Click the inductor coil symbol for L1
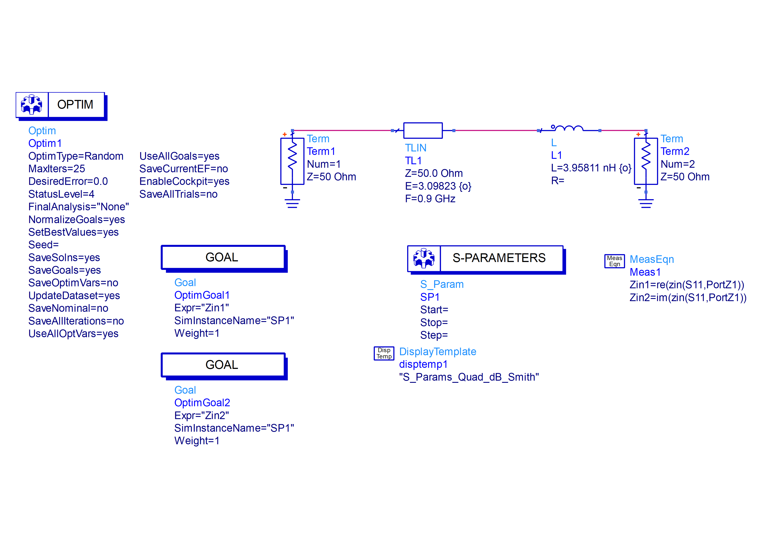569,128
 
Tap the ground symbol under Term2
646,203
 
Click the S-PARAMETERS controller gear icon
424,258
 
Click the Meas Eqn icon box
614,261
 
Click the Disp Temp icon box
384,353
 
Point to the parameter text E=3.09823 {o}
438,186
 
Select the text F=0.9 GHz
430,199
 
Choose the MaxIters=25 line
57,169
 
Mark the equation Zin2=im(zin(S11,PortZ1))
688,298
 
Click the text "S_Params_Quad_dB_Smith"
469,377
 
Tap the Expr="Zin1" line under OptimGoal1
201,308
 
